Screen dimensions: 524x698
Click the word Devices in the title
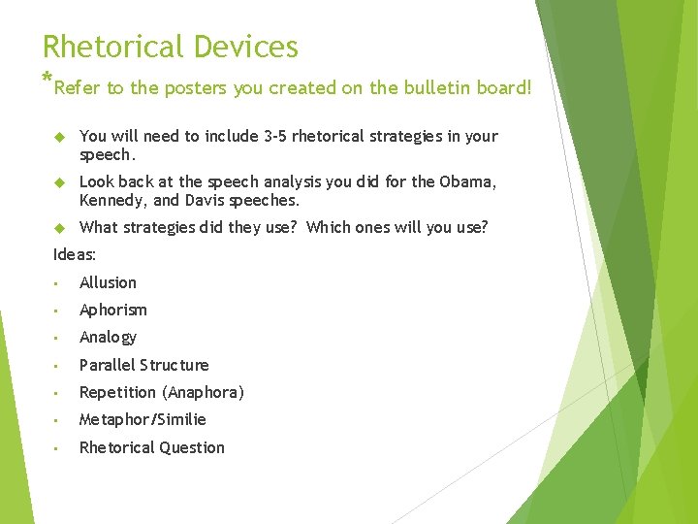pyautogui.click(x=245, y=47)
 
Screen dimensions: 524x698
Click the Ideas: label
pyautogui.click(x=75, y=254)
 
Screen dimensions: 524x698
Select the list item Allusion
pyautogui.click(x=108, y=282)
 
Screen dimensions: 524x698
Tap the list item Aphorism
pyautogui.click(x=112, y=310)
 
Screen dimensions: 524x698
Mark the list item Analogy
pyautogui.click(x=108, y=338)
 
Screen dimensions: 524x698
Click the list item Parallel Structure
pyautogui.click(x=143, y=365)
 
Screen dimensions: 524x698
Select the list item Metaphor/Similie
pyautogui.click(x=143, y=420)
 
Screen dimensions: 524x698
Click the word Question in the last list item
pyautogui.click(x=191, y=447)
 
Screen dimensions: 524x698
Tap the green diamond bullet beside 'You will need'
pyautogui.click(x=57, y=137)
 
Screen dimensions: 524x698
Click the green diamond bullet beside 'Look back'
pyautogui.click(x=57, y=182)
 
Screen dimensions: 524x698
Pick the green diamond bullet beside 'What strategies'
pyautogui.click(x=57, y=228)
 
